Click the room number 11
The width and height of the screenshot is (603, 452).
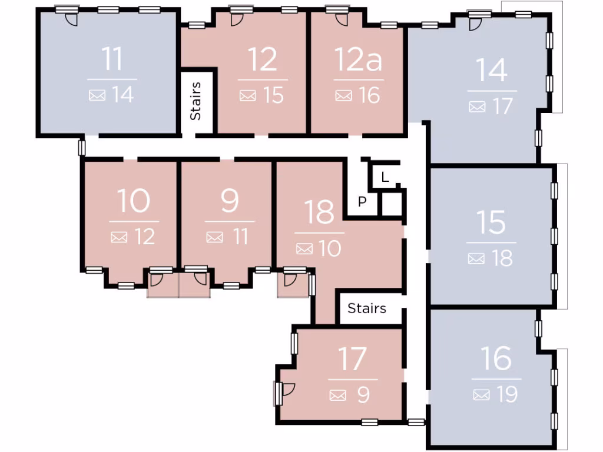(112, 59)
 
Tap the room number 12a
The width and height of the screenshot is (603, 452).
(358, 60)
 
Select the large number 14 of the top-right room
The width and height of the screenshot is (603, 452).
(492, 71)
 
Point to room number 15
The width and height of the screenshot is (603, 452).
(491, 222)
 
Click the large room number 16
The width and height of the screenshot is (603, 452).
(496, 358)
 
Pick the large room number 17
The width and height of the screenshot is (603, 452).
(353, 360)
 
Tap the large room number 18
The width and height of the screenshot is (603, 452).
(320, 212)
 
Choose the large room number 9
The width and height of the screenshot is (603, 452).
(230, 201)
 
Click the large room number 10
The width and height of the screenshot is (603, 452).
(134, 201)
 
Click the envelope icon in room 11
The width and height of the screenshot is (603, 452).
(97, 95)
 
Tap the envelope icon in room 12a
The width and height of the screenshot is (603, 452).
(343, 95)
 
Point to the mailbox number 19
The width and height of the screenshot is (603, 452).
(506, 394)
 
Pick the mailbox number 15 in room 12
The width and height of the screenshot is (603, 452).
(274, 95)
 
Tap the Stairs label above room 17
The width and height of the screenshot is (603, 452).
(367, 308)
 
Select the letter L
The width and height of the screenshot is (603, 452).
(385, 177)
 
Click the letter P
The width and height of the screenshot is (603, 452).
(363, 202)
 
